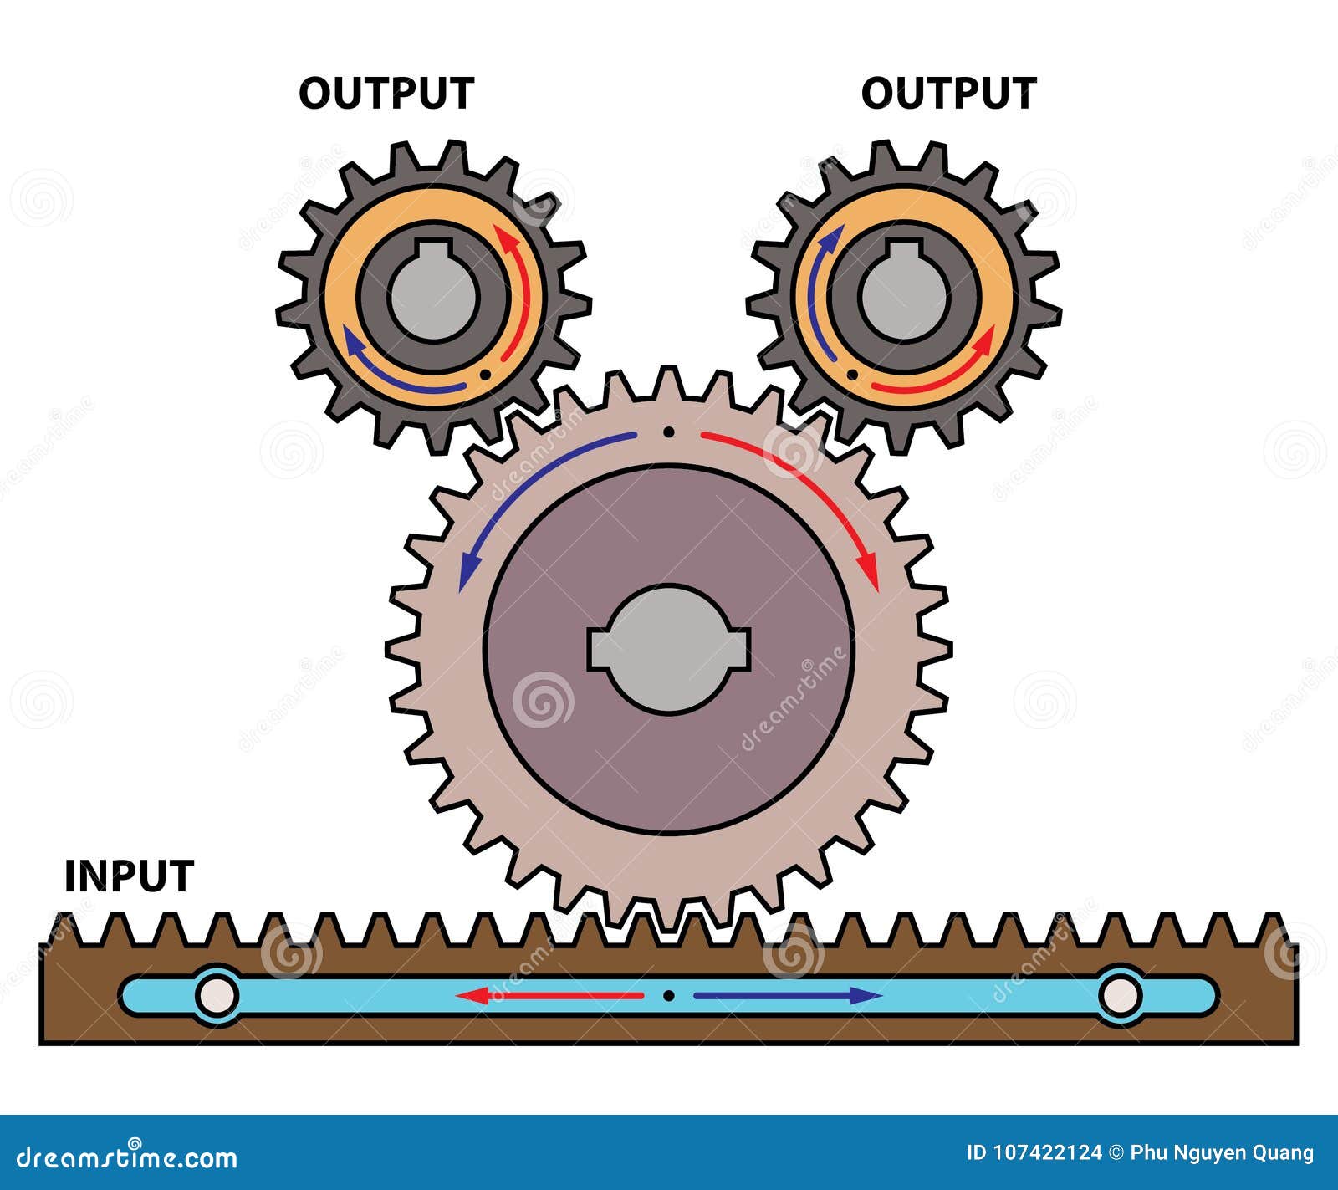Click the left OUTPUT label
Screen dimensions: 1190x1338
point(386,93)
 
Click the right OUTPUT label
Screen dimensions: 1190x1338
point(948,93)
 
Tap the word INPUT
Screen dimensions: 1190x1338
point(129,876)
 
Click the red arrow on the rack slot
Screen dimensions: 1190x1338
point(552,995)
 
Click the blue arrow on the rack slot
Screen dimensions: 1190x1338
point(786,995)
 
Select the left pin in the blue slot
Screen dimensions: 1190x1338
point(217,995)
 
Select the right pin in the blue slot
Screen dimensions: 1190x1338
point(1120,995)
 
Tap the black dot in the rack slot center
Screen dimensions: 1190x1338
point(668,995)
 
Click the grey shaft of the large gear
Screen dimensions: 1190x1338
point(668,648)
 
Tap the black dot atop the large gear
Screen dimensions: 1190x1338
point(668,432)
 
